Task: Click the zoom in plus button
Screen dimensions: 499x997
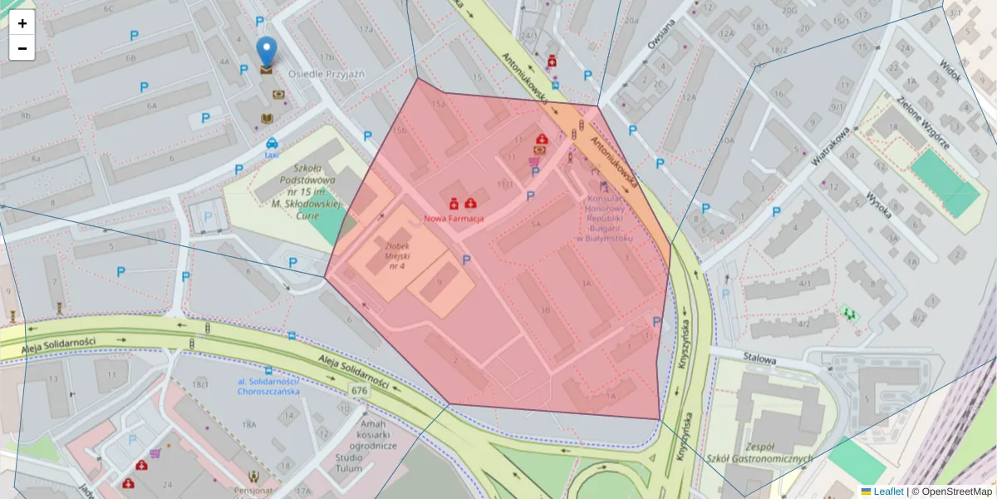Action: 22,23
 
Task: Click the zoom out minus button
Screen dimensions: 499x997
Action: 22,48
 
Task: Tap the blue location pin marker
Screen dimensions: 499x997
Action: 266,52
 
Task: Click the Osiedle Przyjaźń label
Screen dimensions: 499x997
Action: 327,74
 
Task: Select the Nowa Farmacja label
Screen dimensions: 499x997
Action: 454,218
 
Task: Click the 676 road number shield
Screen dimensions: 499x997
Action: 359,390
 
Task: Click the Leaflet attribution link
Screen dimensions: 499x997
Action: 888,492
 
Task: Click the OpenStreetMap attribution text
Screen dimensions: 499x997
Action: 956,492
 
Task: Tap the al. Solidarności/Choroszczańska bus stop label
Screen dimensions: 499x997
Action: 268,386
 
